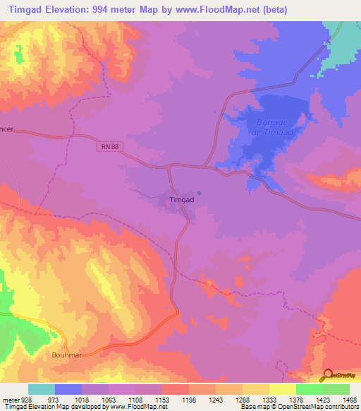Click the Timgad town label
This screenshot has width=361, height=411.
(182, 200)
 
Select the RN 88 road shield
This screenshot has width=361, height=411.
(106, 146)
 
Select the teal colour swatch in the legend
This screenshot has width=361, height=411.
(42, 389)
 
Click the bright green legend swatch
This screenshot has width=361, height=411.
(309, 389)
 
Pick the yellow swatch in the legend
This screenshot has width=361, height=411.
(282, 389)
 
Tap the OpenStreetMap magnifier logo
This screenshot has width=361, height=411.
(328, 374)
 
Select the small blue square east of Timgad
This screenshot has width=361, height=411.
(200, 192)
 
